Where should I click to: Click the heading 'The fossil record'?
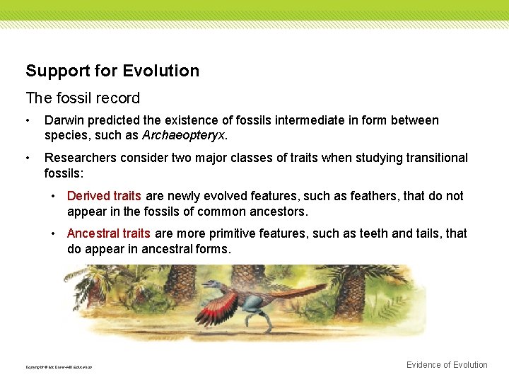[83, 98]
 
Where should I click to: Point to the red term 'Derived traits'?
[104, 196]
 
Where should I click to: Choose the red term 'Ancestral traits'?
[109, 233]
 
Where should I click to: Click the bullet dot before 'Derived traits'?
[55, 197]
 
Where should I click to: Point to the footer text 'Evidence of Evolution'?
[447, 365]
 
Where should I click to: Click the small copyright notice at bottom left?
[59, 367]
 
